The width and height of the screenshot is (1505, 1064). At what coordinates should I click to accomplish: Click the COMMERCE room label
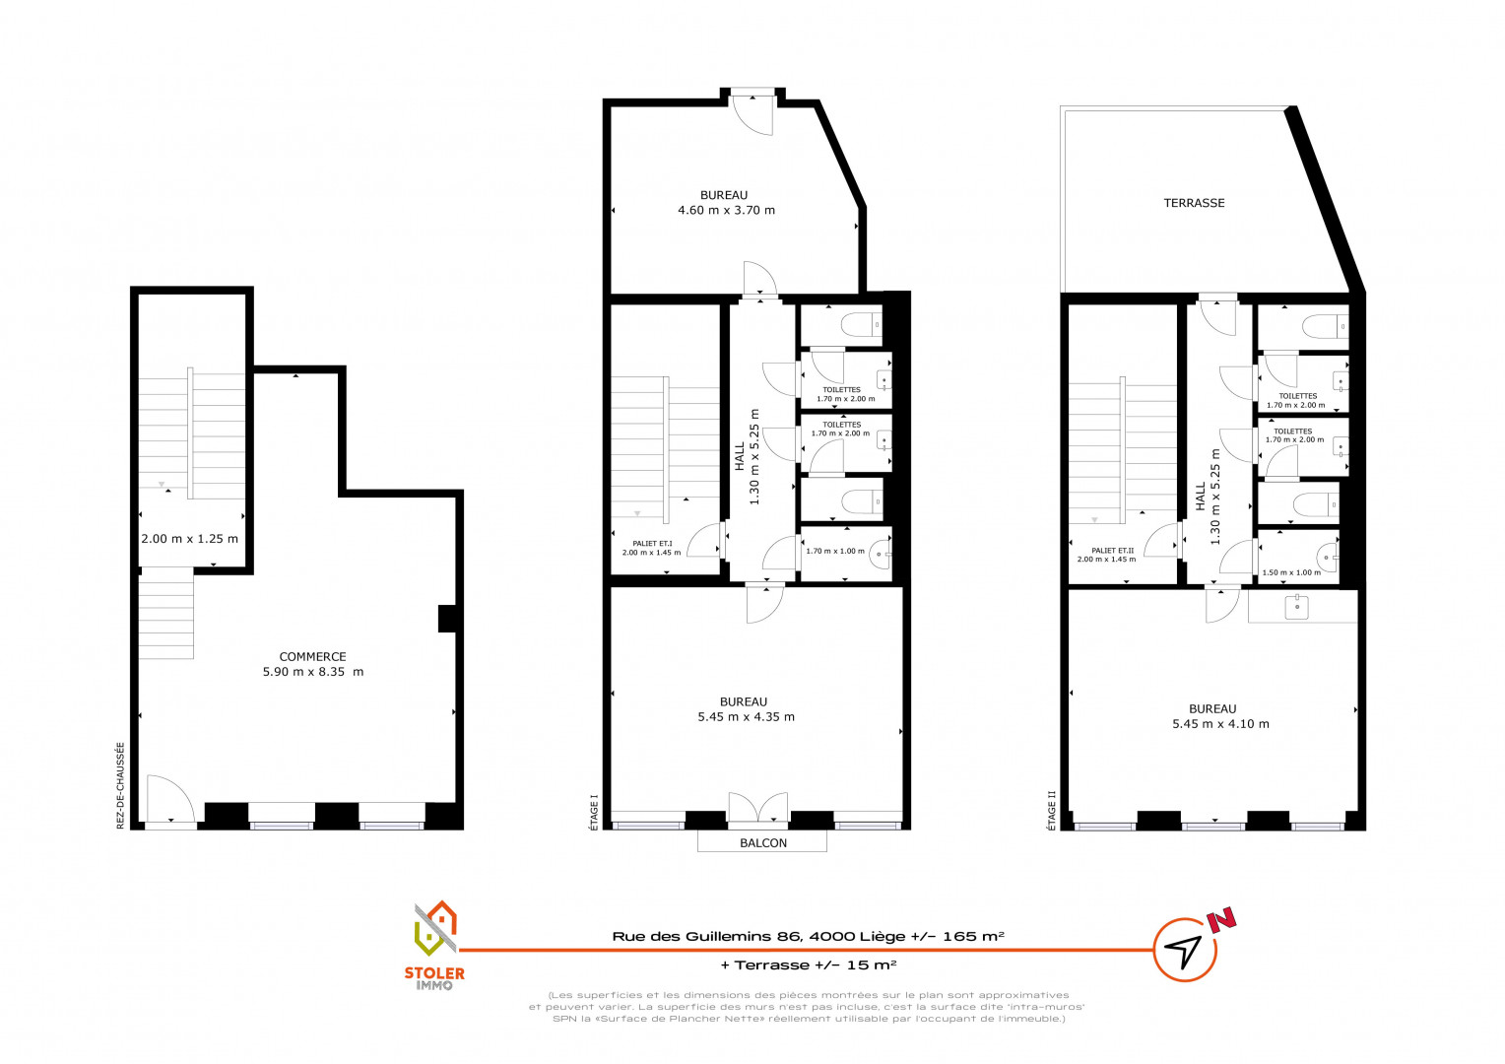point(312,657)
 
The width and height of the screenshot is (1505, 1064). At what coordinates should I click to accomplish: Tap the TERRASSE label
point(1194,203)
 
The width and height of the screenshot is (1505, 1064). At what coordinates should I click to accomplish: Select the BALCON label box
point(762,842)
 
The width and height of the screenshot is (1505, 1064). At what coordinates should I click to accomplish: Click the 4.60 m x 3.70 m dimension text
point(726,211)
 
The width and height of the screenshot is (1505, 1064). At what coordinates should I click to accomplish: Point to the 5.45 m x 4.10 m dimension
point(1220,724)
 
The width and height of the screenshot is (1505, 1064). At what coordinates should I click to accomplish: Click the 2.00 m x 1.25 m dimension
point(189,539)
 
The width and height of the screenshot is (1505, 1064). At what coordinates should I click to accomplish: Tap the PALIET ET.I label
point(652,544)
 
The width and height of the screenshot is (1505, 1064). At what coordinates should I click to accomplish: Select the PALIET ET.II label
point(1112,551)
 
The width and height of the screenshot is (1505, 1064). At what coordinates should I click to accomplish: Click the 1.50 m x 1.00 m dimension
point(1291,572)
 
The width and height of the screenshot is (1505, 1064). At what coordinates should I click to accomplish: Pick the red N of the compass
point(1220,920)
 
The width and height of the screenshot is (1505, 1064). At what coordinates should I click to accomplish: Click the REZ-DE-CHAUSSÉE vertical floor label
point(121,785)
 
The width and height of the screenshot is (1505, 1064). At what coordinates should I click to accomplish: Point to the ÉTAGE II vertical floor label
point(1052,811)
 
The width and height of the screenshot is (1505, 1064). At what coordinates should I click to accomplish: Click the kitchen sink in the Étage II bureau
point(1297,607)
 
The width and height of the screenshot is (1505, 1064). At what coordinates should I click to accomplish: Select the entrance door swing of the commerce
point(170,799)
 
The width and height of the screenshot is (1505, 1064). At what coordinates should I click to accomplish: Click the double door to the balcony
point(757,807)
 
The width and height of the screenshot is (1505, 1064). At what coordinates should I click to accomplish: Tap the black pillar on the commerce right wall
point(447,619)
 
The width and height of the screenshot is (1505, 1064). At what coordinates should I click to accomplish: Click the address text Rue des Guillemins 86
point(708,936)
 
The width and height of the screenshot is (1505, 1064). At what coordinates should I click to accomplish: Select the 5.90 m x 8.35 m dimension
point(313,672)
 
